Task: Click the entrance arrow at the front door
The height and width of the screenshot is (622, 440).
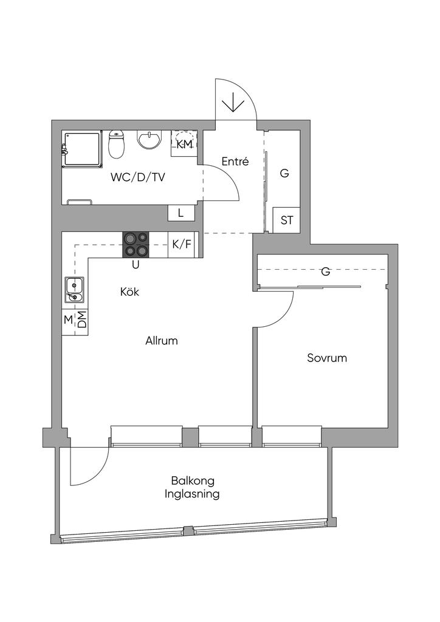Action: tap(232, 104)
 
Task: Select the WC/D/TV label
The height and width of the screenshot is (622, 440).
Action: tap(138, 177)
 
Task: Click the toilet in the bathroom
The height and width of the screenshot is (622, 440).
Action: tap(116, 145)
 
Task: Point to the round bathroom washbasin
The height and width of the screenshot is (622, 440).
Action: tap(150, 140)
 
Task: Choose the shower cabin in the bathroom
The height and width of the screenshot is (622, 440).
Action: tap(82, 149)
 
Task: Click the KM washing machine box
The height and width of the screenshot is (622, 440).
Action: tap(184, 144)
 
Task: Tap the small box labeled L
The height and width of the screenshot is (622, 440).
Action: tap(180, 213)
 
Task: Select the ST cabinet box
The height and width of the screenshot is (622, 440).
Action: tap(287, 220)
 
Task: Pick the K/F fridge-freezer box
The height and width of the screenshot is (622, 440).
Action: tap(181, 244)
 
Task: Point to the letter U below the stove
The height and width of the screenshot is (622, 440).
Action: tap(136, 264)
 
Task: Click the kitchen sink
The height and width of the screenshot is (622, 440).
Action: tap(75, 289)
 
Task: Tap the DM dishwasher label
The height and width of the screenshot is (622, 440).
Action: tap(81, 320)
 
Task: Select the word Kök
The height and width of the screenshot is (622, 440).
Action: tap(130, 292)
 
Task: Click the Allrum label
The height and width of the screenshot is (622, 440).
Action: tap(162, 341)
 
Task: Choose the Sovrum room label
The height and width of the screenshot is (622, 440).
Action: tap(327, 358)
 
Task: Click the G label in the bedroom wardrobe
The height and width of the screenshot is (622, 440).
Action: tap(326, 272)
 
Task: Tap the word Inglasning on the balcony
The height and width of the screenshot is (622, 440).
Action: tap(192, 494)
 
